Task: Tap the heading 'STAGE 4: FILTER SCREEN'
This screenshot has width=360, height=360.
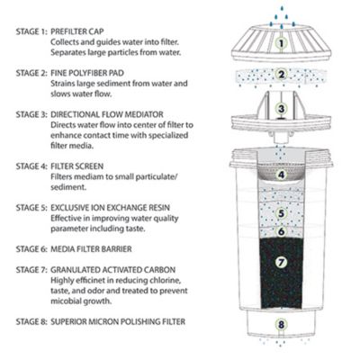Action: (x=68, y=166)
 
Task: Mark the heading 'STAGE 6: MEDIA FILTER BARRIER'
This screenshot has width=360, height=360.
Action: (x=84, y=242)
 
